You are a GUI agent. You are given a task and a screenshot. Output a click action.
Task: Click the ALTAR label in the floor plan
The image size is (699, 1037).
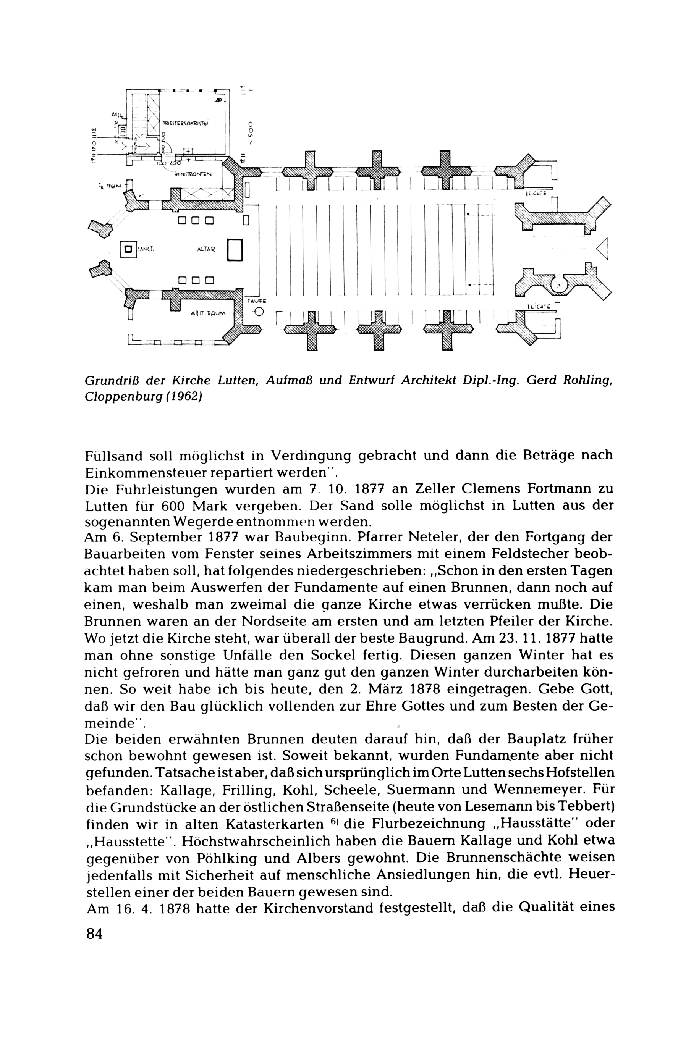206,250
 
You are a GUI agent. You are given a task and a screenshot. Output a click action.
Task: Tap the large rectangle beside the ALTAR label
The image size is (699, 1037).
235,250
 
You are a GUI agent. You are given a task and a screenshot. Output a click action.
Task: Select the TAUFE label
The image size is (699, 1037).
256,301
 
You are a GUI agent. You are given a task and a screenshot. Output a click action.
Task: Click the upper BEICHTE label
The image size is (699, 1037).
536,194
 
